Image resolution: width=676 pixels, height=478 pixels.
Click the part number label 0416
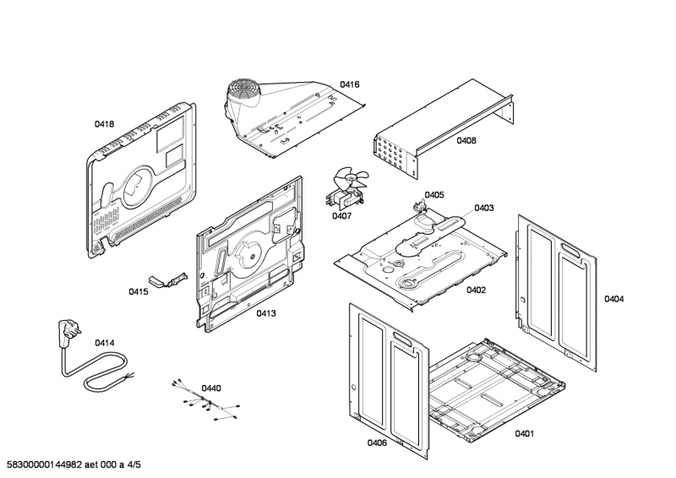[350, 84]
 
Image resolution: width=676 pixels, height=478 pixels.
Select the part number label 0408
[466, 141]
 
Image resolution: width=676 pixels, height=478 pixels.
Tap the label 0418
[104, 124]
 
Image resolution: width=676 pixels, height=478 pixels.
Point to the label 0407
[341, 216]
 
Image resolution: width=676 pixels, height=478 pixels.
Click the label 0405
[434, 195]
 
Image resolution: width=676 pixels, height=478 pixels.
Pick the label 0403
[484, 208]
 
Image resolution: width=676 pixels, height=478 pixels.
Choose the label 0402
[476, 290]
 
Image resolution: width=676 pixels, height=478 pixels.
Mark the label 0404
[614, 299]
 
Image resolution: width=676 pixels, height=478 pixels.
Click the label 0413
[266, 313]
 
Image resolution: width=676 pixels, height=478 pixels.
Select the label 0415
[139, 292]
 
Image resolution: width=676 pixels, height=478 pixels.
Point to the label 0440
[211, 388]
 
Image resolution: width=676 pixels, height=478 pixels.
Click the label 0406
[377, 443]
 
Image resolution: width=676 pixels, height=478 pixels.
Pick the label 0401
[524, 434]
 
